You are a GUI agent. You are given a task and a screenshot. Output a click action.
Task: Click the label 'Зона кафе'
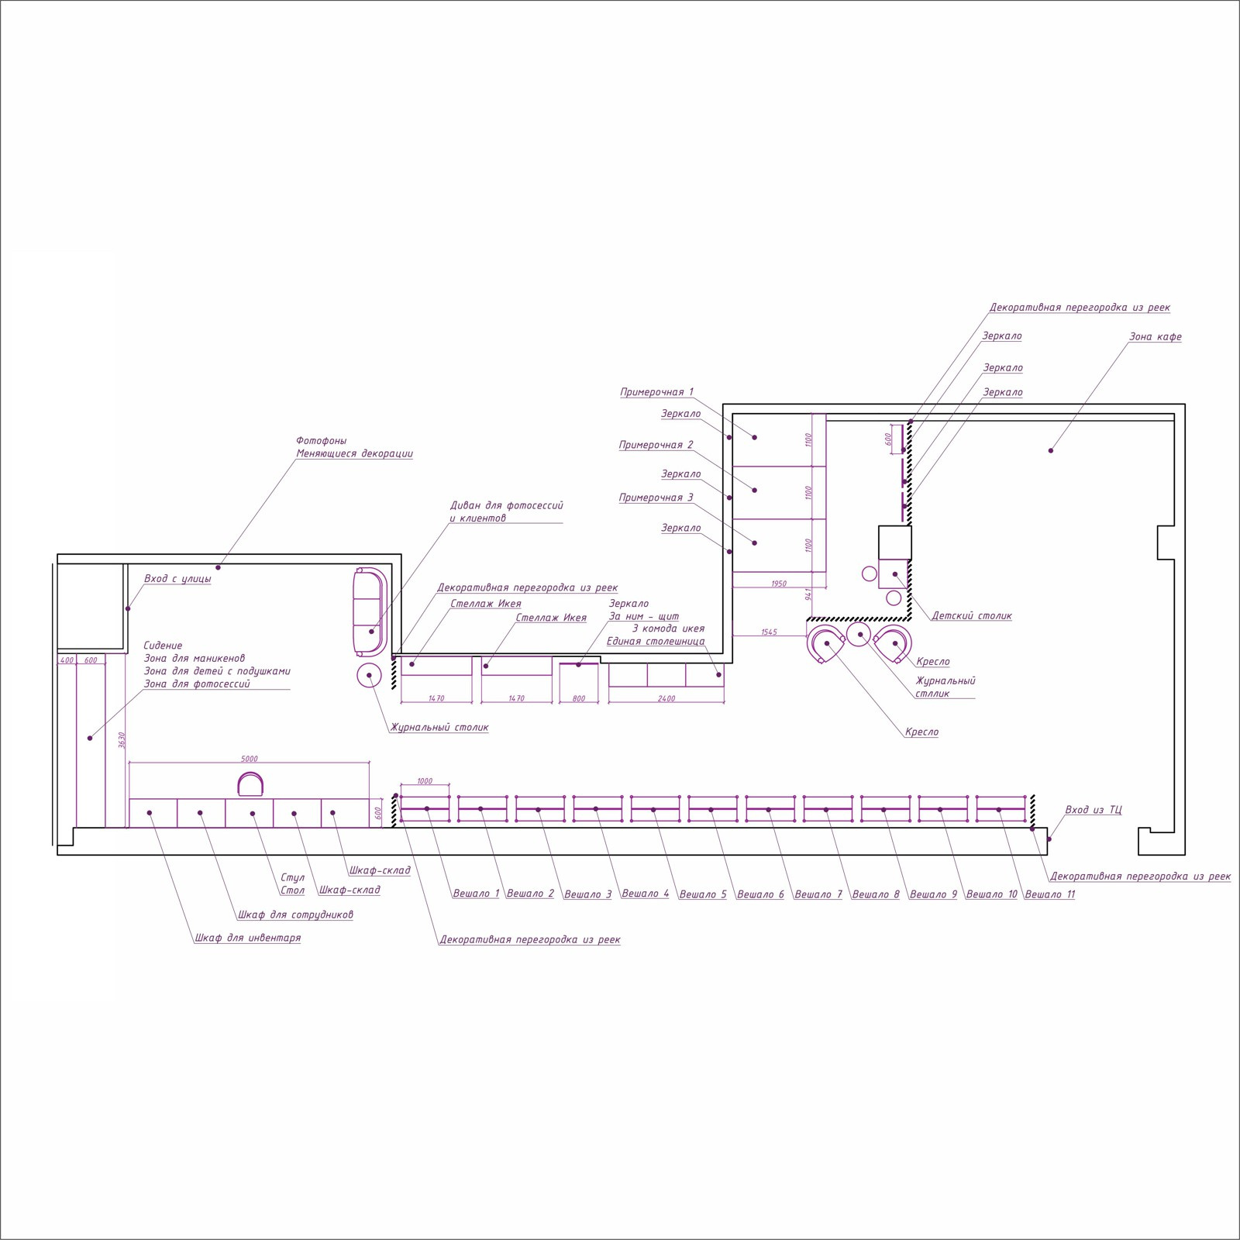coord(1155,337)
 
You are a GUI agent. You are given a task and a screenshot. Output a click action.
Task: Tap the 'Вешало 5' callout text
coord(703,894)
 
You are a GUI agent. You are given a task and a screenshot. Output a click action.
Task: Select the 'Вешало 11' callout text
coord(1050,894)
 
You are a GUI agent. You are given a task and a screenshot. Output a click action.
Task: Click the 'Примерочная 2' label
coord(656,445)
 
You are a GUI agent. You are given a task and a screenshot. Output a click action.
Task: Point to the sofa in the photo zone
coord(369,611)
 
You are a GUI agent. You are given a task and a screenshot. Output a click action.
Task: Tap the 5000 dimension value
coord(250,759)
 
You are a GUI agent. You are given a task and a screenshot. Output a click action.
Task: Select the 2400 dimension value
coord(666,698)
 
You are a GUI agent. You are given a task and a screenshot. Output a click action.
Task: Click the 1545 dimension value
coord(769,632)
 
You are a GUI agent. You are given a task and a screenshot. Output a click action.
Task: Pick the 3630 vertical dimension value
coord(122,740)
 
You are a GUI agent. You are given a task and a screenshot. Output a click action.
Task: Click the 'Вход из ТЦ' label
coord(1094,810)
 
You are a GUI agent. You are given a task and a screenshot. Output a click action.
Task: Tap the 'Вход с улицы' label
coord(177,579)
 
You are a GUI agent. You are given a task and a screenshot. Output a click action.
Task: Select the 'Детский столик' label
coord(972,616)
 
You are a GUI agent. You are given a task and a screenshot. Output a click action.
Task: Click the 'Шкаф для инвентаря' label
coord(248,938)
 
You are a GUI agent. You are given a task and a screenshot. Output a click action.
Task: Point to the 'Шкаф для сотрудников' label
coord(295,914)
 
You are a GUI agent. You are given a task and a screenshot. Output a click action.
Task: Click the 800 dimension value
coord(579,698)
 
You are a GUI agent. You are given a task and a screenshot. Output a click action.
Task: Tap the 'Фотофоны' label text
coord(322,441)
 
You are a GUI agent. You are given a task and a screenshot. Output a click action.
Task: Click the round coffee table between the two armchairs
coord(859,634)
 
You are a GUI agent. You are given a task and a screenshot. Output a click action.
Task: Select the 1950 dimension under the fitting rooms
coord(779,584)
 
